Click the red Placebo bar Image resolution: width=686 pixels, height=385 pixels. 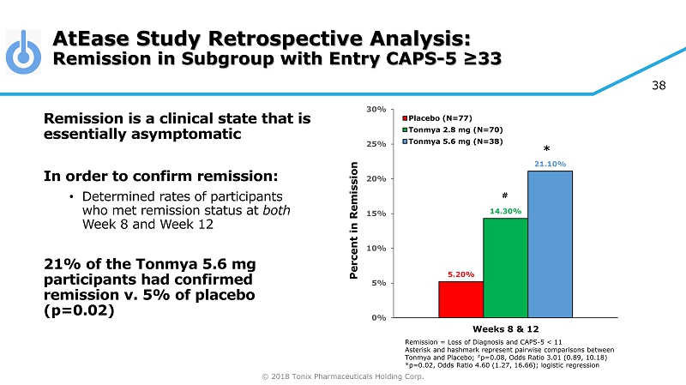[x=460, y=299]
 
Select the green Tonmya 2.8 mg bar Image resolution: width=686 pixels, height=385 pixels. [x=505, y=268]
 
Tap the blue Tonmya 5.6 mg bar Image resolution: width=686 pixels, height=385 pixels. [x=550, y=244]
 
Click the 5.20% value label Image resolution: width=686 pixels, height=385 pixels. [x=460, y=274]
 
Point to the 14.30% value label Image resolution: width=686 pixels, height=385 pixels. [x=505, y=210]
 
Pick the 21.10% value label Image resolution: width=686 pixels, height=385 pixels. [x=550, y=163]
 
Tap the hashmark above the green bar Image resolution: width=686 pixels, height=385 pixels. [x=505, y=195]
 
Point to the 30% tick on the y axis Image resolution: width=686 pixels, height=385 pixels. [x=376, y=109]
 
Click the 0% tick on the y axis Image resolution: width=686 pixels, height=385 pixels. [x=378, y=317]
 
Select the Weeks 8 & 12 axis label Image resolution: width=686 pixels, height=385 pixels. [x=505, y=329]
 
